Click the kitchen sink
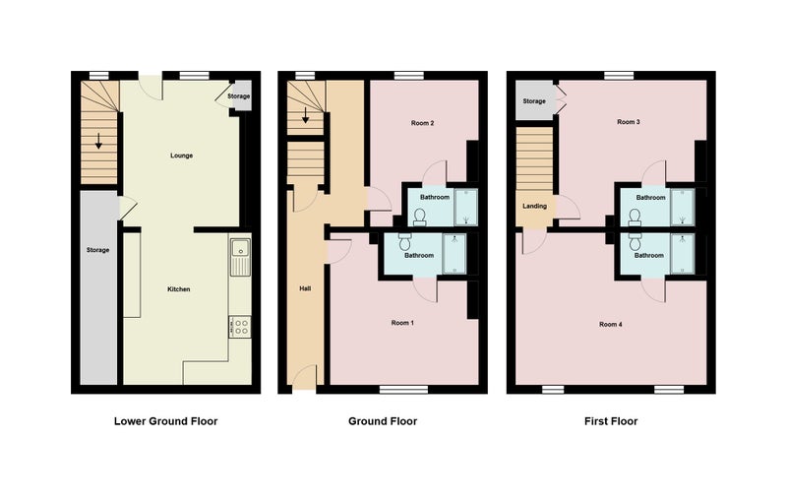[x=240, y=257]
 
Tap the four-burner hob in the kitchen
[x=240, y=327]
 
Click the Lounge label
[x=181, y=156]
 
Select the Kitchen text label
[x=179, y=289]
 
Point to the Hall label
[x=305, y=288]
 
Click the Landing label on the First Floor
[x=534, y=206]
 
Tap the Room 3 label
[x=629, y=122]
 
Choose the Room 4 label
[x=611, y=324]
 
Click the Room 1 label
[x=402, y=323]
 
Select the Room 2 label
[x=422, y=123]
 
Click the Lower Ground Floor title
[x=165, y=421]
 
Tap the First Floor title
[x=611, y=421]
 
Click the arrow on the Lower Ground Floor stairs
[x=98, y=141]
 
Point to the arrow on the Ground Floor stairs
[x=305, y=116]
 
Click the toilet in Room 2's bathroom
[x=420, y=217]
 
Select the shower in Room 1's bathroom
[x=454, y=254]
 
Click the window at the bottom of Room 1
[x=403, y=390]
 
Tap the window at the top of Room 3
[x=619, y=75]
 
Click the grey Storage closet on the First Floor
[x=534, y=100]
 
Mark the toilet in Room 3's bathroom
[x=635, y=218]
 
